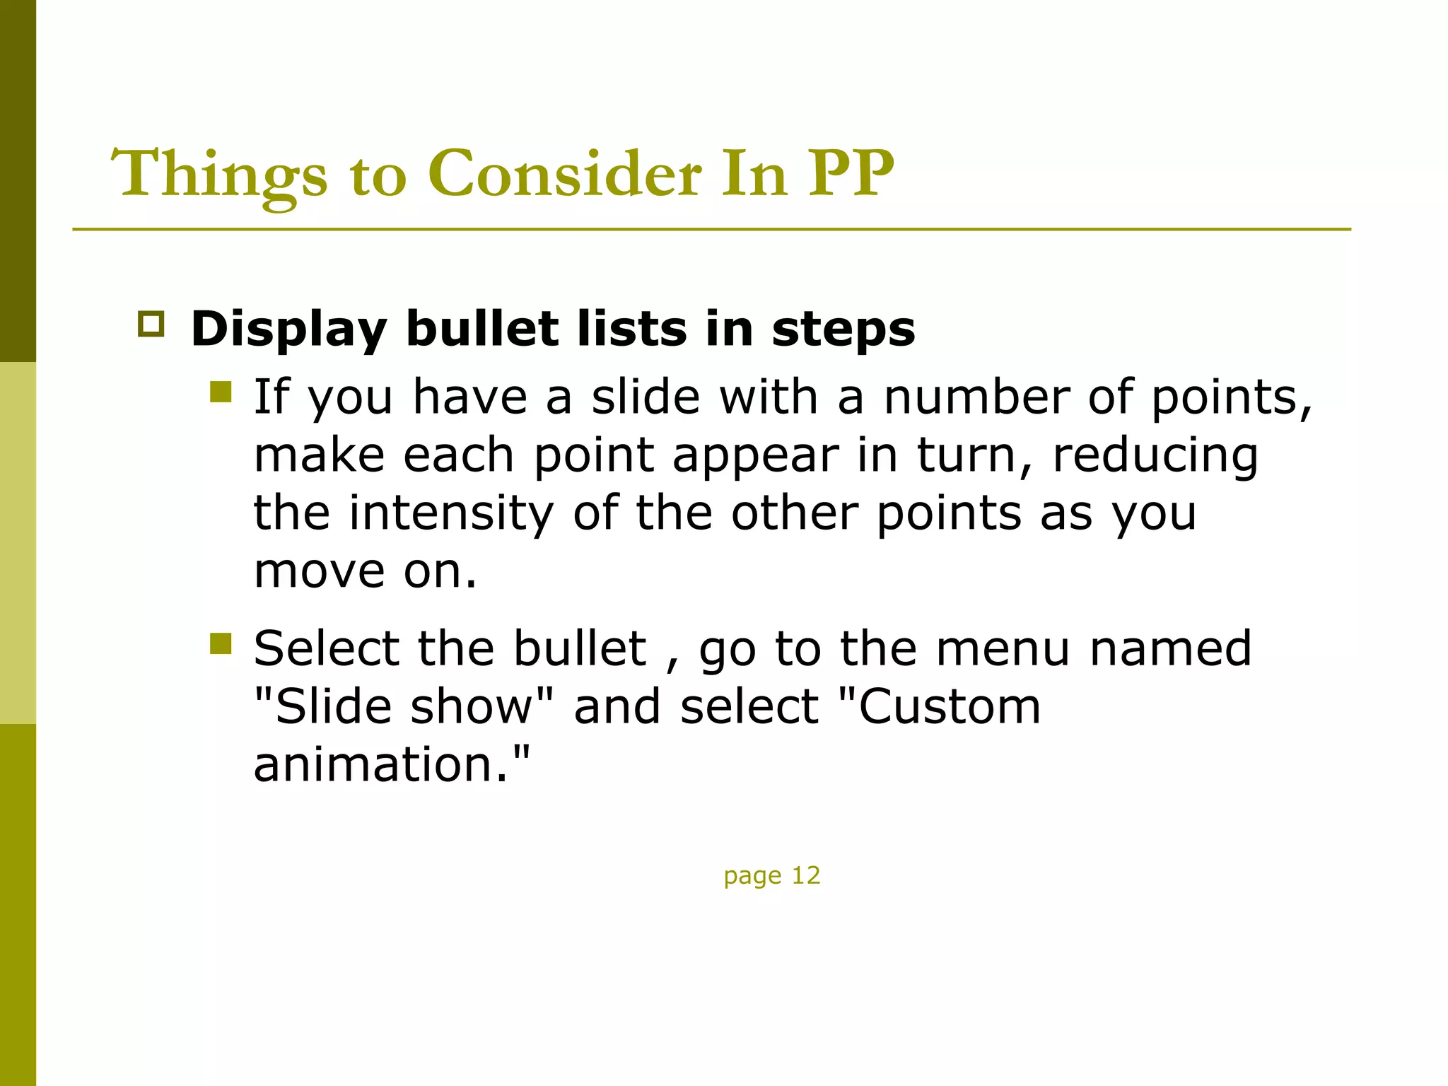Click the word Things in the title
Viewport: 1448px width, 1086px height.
coord(220,175)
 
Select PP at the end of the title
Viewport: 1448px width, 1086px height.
coord(851,173)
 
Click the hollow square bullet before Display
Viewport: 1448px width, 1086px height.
coord(151,324)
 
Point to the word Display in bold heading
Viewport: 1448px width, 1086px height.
coord(288,329)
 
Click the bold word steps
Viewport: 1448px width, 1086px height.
coord(843,329)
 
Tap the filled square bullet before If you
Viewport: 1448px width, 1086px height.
coord(221,392)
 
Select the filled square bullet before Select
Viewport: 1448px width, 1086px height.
coord(221,643)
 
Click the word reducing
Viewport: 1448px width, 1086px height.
coord(1155,455)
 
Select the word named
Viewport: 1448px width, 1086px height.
coord(1170,648)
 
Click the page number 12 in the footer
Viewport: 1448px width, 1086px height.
coord(805,875)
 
